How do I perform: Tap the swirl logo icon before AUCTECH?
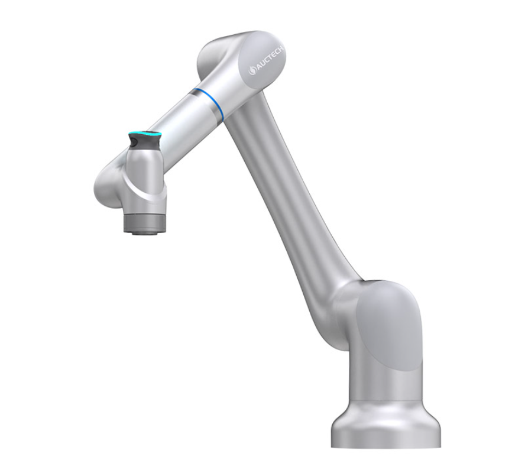252,72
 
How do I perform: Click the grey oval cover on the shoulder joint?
387,325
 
